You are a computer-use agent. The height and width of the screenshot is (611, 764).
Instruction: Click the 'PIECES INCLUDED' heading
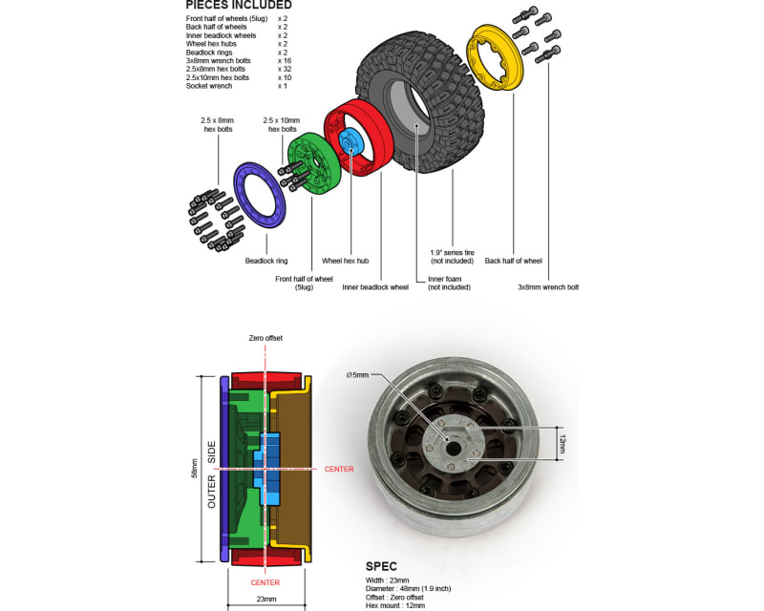point(240,5)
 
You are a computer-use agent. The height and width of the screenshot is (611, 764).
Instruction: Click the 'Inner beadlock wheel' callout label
point(375,286)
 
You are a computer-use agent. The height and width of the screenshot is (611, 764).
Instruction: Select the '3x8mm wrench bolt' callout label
point(548,286)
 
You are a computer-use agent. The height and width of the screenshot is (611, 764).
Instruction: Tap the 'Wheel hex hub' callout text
point(345,261)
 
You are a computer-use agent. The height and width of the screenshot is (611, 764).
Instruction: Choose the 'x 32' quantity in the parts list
point(285,69)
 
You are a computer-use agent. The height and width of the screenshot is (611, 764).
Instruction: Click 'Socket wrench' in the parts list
point(209,86)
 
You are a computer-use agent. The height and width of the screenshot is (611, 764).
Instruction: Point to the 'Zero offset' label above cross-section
point(265,338)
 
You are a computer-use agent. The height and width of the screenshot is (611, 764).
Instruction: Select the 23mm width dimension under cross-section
point(265,599)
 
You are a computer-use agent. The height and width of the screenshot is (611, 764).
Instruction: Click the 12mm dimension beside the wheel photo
point(562,444)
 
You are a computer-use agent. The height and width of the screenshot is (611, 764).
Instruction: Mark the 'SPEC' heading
point(382,566)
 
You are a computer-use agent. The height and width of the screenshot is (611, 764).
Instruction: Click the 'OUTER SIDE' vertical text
point(212,474)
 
